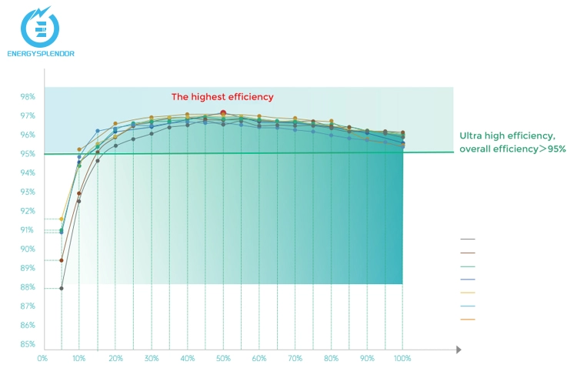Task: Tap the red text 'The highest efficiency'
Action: click(x=222, y=97)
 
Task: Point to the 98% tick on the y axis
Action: click(x=28, y=97)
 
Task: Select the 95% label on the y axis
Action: click(x=28, y=154)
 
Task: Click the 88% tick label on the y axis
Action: click(x=28, y=287)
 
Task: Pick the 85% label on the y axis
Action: click(x=28, y=344)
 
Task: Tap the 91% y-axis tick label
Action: click(x=28, y=230)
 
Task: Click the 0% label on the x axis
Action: click(x=43, y=359)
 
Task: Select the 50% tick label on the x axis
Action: click(x=223, y=359)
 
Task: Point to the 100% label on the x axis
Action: click(x=402, y=359)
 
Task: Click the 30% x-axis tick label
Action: click(x=151, y=359)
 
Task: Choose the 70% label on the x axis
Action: click(x=295, y=359)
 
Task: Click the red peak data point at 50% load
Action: click(x=223, y=113)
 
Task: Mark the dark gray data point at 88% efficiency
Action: click(x=62, y=288)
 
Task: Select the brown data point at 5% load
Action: click(x=62, y=260)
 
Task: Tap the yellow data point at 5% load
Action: click(x=62, y=219)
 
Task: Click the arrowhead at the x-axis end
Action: click(x=458, y=350)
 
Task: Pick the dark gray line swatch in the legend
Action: click(x=467, y=239)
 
